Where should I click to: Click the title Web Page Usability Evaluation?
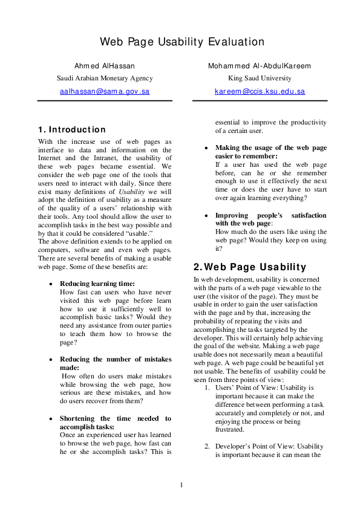point(182,42)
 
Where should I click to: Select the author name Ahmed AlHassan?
point(105,65)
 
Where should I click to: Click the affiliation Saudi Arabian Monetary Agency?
point(105,78)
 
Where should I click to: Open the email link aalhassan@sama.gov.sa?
point(105,92)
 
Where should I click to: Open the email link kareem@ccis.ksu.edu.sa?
point(260,92)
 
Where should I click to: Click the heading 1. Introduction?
point(71,129)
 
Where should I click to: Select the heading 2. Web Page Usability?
point(250,267)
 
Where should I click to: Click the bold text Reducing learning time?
point(97,284)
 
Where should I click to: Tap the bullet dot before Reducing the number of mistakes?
point(51,360)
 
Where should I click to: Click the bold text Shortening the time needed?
point(116,418)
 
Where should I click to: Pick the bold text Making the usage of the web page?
point(271,148)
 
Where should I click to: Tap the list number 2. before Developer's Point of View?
point(207,447)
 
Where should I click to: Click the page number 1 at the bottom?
point(180,484)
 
